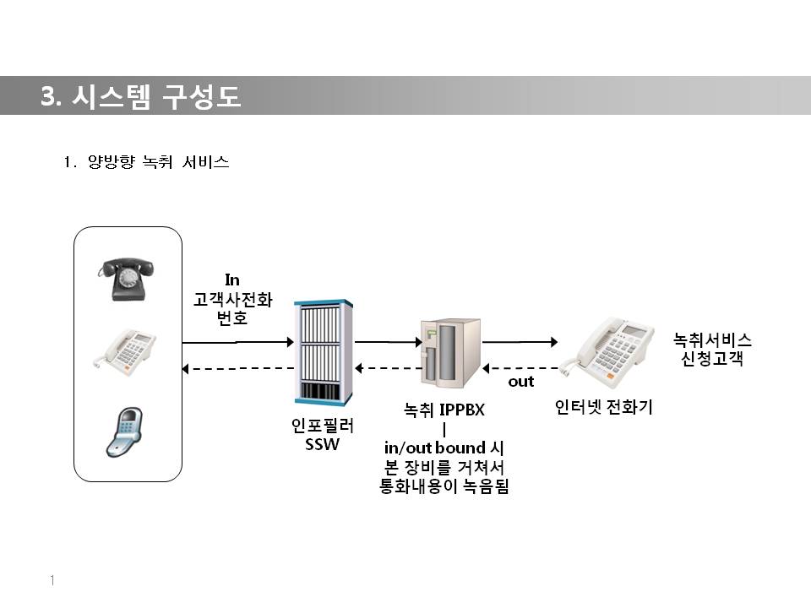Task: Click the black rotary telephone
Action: (x=128, y=280)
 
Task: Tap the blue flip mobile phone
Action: (x=124, y=431)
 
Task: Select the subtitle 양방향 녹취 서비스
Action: (x=157, y=162)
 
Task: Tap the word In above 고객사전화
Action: (x=232, y=279)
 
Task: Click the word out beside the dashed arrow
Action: (x=520, y=382)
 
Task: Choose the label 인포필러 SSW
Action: (x=322, y=435)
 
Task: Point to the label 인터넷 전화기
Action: (x=603, y=408)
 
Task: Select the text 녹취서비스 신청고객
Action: (x=711, y=349)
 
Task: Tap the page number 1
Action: (x=52, y=580)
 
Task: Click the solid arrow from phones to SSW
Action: (x=237, y=342)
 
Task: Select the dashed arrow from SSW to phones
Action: (x=237, y=368)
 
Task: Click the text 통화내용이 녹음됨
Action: (x=444, y=486)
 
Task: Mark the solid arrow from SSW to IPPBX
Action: (x=387, y=342)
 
